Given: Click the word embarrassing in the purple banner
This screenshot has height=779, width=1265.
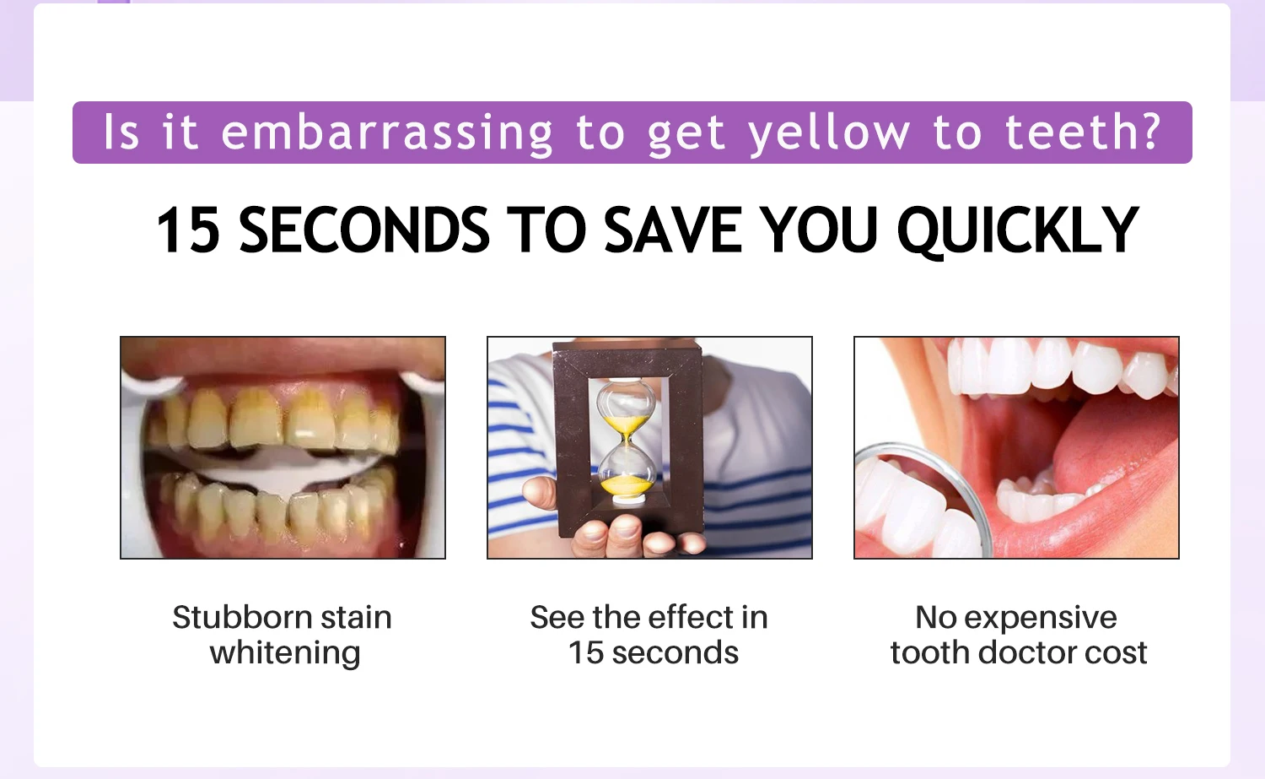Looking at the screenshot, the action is pos(386,133).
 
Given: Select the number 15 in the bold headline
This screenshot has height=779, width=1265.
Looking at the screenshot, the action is pos(188,230).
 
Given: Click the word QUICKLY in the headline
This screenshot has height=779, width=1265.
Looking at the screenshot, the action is pos(1018,232).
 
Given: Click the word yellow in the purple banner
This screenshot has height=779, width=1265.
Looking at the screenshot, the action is pos(829,134).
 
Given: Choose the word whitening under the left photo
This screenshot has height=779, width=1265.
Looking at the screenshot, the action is pos(285,653).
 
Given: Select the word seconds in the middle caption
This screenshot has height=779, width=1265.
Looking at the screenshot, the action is pos(675,653).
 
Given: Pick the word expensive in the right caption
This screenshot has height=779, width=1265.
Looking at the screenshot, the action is pos(1040,618).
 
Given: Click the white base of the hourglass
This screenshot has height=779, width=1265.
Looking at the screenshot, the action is pos(628,500).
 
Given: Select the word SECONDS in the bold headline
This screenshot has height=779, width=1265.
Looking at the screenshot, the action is pos(364,230).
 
